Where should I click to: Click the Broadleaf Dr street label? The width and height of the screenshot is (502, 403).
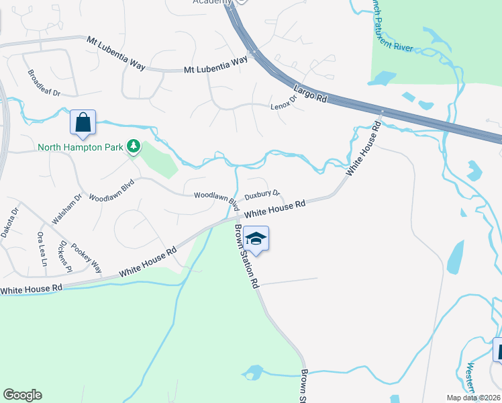[44, 83]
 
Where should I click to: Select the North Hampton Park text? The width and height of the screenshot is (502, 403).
[81, 147]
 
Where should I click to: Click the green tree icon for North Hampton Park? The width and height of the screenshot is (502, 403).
[134, 146]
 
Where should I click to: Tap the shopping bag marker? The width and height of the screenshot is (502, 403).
[83, 122]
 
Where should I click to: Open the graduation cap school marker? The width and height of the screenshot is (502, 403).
[256, 238]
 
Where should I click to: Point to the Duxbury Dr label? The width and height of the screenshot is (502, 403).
[262, 195]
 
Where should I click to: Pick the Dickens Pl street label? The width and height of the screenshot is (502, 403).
[65, 256]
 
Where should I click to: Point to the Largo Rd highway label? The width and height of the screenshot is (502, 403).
[310, 93]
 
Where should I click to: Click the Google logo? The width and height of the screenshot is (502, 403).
[22, 395]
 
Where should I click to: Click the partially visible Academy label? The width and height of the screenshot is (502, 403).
[207, 2]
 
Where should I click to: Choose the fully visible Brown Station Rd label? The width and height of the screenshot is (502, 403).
[246, 256]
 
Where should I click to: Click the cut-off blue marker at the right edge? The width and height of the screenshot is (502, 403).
[498, 351]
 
